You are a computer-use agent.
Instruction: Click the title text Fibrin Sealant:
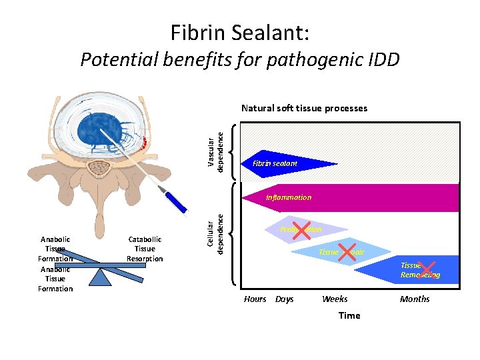pyautogui.click(x=239, y=31)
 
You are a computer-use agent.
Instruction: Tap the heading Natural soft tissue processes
pyautogui.click(x=304, y=108)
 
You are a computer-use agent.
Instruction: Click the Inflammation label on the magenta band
pyautogui.click(x=289, y=197)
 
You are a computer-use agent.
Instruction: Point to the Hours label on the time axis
pyautogui.click(x=255, y=299)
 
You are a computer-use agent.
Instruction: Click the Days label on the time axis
pyautogui.click(x=285, y=299)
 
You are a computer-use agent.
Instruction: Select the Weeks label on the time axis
pyautogui.click(x=335, y=299)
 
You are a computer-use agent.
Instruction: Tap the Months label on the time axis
pyautogui.click(x=415, y=299)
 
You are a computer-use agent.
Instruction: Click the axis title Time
pyautogui.click(x=349, y=315)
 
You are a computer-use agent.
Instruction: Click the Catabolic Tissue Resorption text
pyautogui.click(x=145, y=249)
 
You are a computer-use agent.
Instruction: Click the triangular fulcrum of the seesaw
pyautogui.click(x=100, y=277)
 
